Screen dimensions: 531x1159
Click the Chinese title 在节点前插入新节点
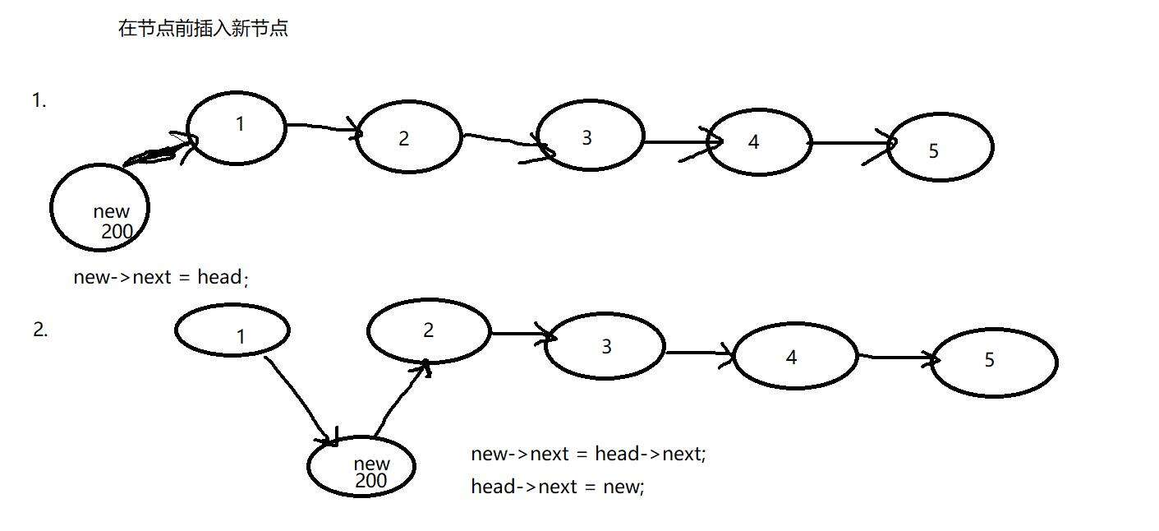(x=203, y=29)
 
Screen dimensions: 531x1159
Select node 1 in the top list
(x=237, y=127)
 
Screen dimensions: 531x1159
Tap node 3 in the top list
(x=590, y=137)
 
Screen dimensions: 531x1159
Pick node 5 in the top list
(x=940, y=147)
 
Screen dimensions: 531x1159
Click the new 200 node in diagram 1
(x=99, y=208)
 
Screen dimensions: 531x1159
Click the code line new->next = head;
(x=161, y=277)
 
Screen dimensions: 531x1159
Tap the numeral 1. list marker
(x=39, y=100)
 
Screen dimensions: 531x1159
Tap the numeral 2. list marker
(x=40, y=330)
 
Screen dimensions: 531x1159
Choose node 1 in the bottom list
(x=232, y=330)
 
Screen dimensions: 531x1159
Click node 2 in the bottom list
(x=429, y=330)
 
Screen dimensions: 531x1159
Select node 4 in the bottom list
(x=794, y=356)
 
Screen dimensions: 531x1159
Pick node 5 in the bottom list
(x=993, y=362)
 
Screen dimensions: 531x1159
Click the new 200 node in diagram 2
(x=361, y=466)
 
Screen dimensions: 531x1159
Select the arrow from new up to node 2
(x=400, y=399)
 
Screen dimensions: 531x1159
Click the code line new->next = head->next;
(x=588, y=453)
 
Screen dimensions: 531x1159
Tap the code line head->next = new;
(x=558, y=486)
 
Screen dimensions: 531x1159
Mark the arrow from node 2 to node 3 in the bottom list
(x=521, y=334)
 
